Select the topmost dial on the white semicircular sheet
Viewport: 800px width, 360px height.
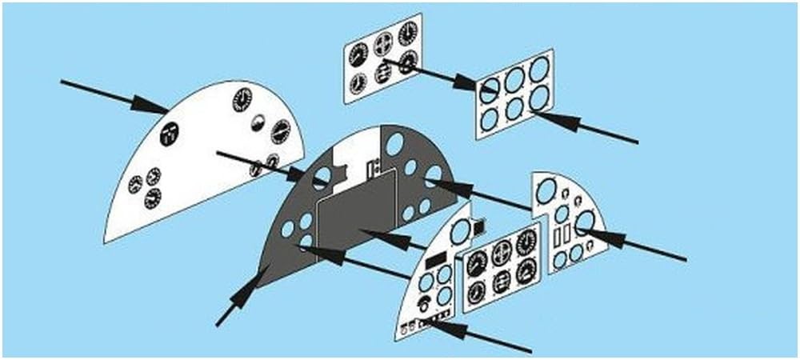point(242,100)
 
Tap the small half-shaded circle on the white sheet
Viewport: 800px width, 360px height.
point(258,122)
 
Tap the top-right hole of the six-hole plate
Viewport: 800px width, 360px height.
point(538,70)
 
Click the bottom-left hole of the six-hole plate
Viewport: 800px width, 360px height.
point(489,118)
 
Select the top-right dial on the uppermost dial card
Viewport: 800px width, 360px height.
point(407,34)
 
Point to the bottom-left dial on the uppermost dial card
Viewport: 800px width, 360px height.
point(358,82)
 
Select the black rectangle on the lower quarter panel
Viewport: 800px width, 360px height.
point(436,261)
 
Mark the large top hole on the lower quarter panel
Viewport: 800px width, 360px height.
point(460,233)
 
